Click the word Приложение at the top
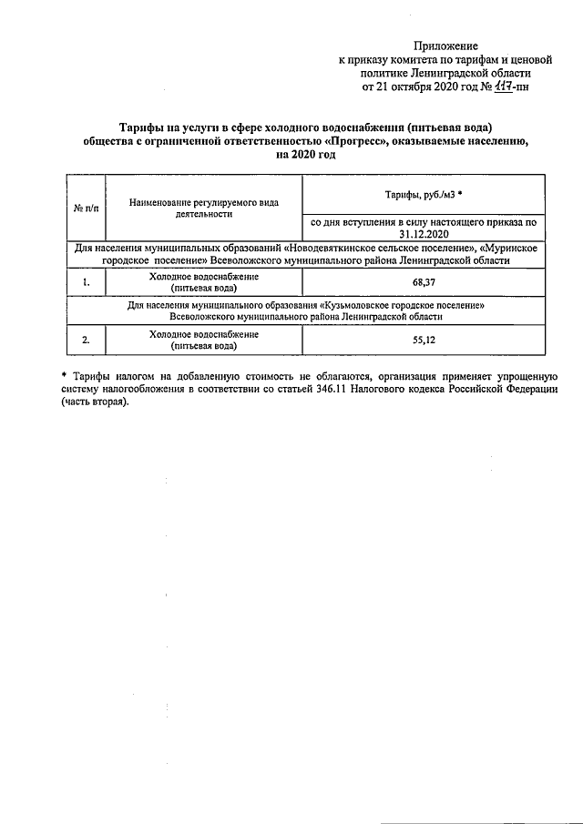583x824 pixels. point(445,46)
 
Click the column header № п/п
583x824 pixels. point(86,209)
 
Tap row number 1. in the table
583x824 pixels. point(86,282)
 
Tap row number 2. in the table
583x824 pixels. point(86,341)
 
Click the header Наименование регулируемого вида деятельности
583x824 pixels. point(203,209)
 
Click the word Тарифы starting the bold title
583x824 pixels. point(145,127)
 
